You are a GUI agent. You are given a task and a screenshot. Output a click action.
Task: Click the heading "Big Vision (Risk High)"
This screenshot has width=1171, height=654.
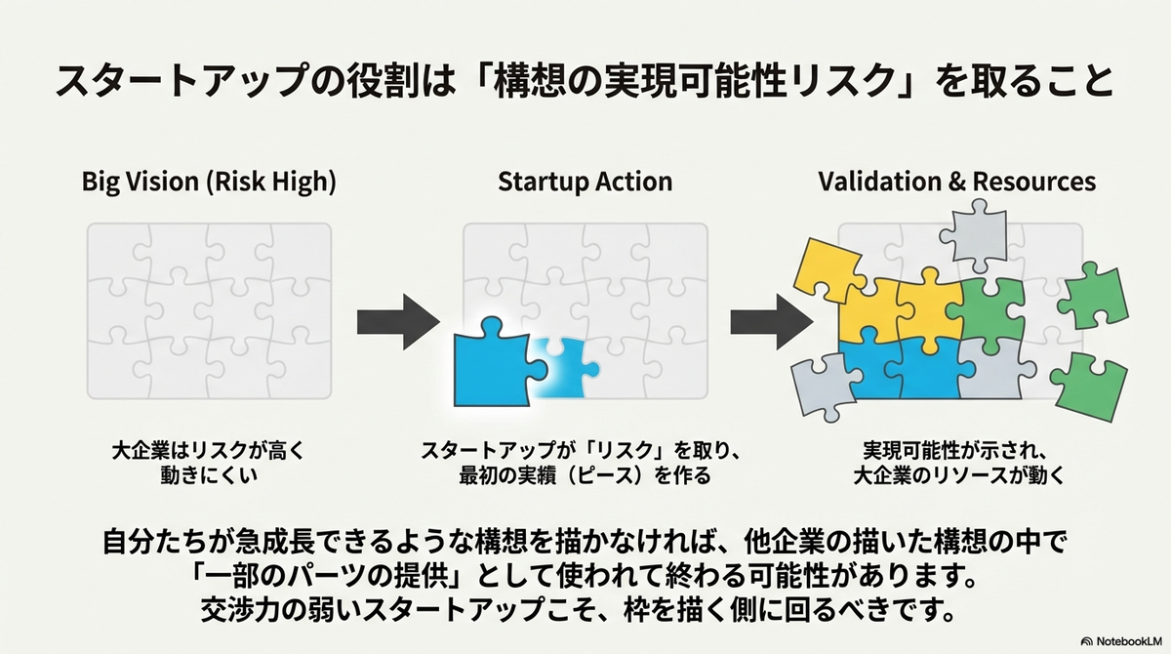pos(209,182)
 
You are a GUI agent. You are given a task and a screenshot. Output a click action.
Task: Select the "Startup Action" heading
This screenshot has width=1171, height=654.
pos(585,182)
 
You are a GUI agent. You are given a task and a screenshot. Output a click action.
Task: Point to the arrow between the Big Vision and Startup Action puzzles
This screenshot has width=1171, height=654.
pos(398,322)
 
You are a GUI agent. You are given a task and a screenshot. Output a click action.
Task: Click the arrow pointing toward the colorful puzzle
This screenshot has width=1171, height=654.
pos(772,322)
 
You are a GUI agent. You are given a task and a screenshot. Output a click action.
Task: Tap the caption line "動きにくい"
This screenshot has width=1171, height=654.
pos(209,475)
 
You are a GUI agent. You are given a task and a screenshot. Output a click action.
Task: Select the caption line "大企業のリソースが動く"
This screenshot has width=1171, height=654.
pos(959,475)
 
